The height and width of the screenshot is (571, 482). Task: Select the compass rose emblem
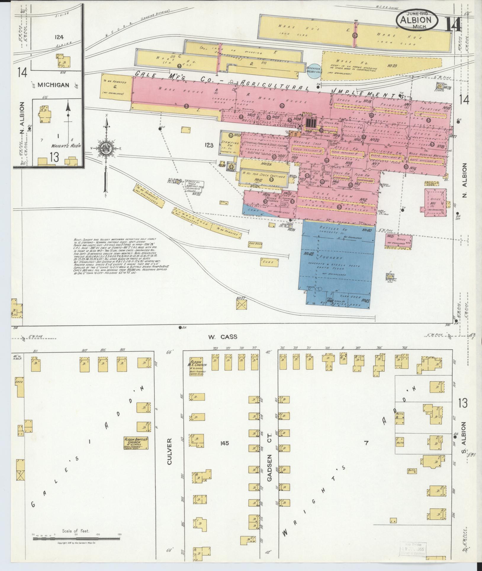click(x=106, y=148)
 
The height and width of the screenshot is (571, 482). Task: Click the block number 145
click(x=224, y=443)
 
